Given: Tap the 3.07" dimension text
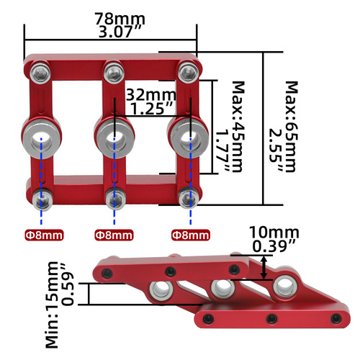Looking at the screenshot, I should [x=111, y=32].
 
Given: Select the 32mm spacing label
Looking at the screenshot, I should [x=149, y=94].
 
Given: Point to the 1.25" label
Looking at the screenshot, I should [x=150, y=108].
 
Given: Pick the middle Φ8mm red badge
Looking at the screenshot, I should [x=114, y=235].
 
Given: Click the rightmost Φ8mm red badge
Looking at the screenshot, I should [x=191, y=235].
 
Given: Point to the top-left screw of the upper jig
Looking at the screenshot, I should [x=40, y=71].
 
